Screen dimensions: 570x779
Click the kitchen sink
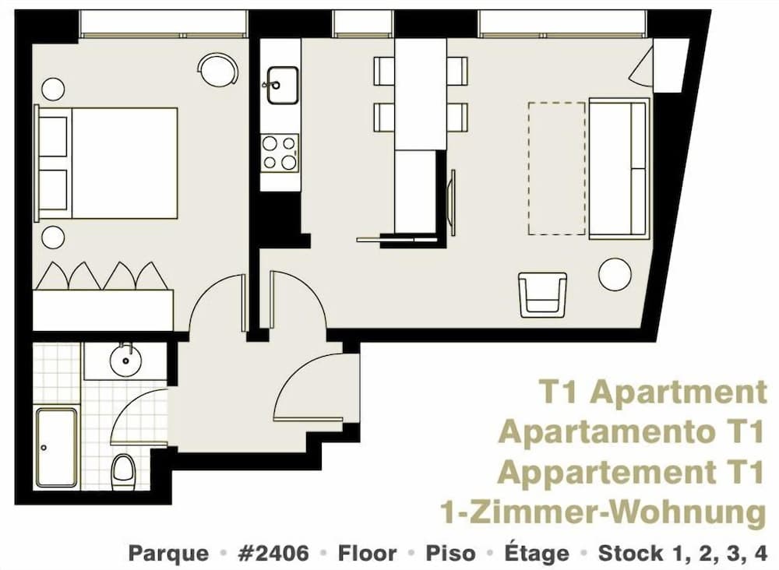pos(282,85)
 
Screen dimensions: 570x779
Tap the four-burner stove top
pos(280,153)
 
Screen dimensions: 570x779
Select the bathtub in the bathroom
pos(56,447)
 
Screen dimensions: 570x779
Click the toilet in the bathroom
pos(122,470)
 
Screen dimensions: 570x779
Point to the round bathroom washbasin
pos(124,360)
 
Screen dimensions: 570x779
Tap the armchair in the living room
pos(542,293)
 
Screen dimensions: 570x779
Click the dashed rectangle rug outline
pos(557,168)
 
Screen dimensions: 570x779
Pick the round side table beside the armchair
pos(614,275)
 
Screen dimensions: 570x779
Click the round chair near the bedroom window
pos(218,70)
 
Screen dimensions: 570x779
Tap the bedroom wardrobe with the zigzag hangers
pos(103,297)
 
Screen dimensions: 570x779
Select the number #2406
pos(274,554)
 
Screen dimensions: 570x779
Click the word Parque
pos(168,554)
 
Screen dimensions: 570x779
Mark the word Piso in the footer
pos(449,554)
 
